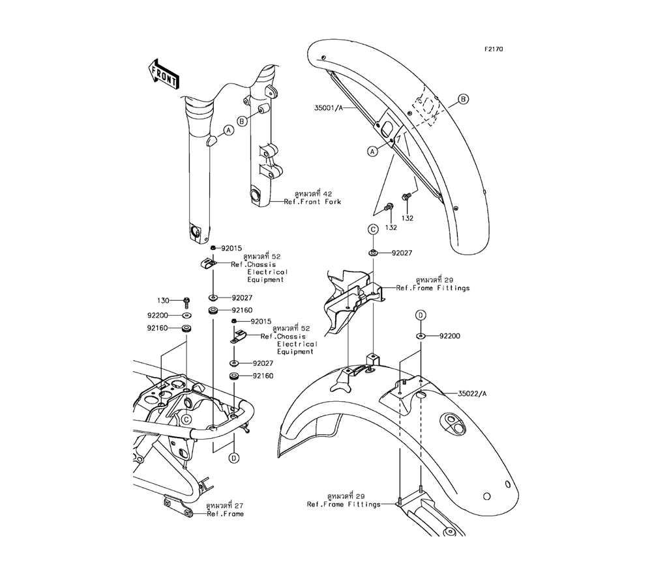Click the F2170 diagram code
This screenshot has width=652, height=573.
coord(493,49)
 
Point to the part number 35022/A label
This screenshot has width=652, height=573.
coord(473,393)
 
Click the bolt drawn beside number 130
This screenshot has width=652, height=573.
coord(186,301)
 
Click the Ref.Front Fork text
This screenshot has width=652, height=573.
coord(312,202)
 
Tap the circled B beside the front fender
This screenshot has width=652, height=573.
coord(464,100)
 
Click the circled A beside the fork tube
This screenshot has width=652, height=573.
coord(228,130)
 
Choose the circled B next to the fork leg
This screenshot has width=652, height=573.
coord(241,120)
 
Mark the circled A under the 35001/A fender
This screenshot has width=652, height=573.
coord(372,151)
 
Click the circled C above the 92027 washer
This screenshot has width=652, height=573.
coord(372,229)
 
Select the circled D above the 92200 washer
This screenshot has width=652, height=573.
coord(421,315)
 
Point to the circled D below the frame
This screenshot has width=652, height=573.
coord(233,458)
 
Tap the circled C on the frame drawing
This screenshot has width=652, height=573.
coord(186,419)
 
